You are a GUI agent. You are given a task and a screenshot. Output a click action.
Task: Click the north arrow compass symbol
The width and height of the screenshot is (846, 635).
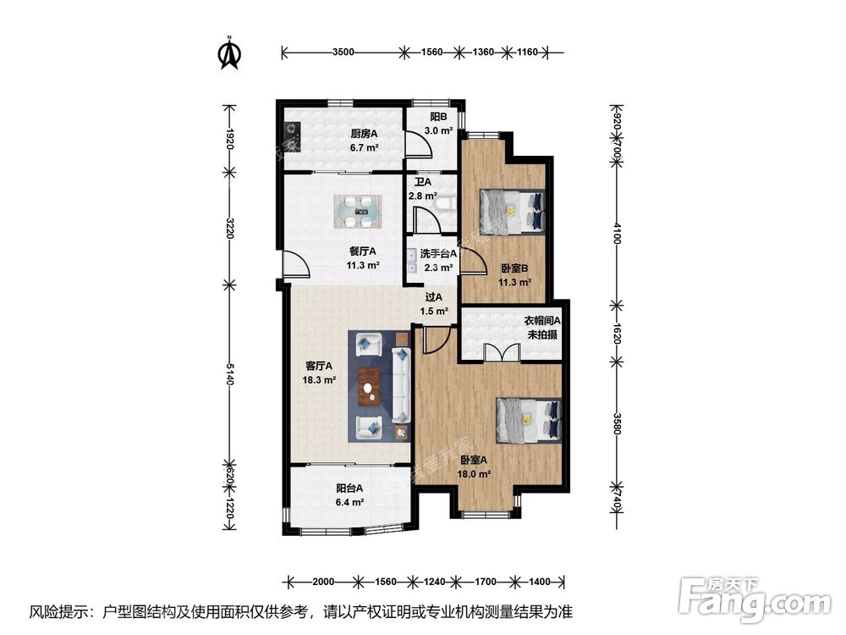[x=229, y=52]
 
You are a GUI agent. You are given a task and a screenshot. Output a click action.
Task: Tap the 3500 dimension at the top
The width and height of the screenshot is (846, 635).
[x=343, y=52]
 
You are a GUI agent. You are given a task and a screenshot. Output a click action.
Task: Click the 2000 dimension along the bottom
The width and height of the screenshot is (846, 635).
[x=323, y=582]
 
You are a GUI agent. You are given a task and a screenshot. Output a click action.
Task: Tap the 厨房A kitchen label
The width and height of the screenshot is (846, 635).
[x=364, y=134]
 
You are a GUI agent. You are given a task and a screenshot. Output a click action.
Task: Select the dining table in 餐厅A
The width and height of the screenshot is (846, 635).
[x=358, y=212]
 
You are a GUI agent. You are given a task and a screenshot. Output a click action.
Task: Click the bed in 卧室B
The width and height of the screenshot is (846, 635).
[x=512, y=212]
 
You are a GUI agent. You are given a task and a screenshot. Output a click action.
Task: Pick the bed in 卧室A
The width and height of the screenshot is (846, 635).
[x=529, y=421]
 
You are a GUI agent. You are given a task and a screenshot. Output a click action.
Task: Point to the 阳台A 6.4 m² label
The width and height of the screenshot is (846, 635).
[x=349, y=495]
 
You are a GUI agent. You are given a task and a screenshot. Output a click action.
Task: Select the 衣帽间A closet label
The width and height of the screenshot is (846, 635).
[x=542, y=320]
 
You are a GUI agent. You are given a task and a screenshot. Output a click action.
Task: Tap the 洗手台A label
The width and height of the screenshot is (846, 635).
[x=438, y=253]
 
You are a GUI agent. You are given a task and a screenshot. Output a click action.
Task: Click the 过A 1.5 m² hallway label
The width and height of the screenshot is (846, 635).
[x=434, y=304]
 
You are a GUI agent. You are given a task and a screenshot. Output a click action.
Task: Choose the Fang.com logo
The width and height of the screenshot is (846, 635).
[x=755, y=599]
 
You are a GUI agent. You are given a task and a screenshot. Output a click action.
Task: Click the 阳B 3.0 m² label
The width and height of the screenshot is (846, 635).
[x=438, y=124]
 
